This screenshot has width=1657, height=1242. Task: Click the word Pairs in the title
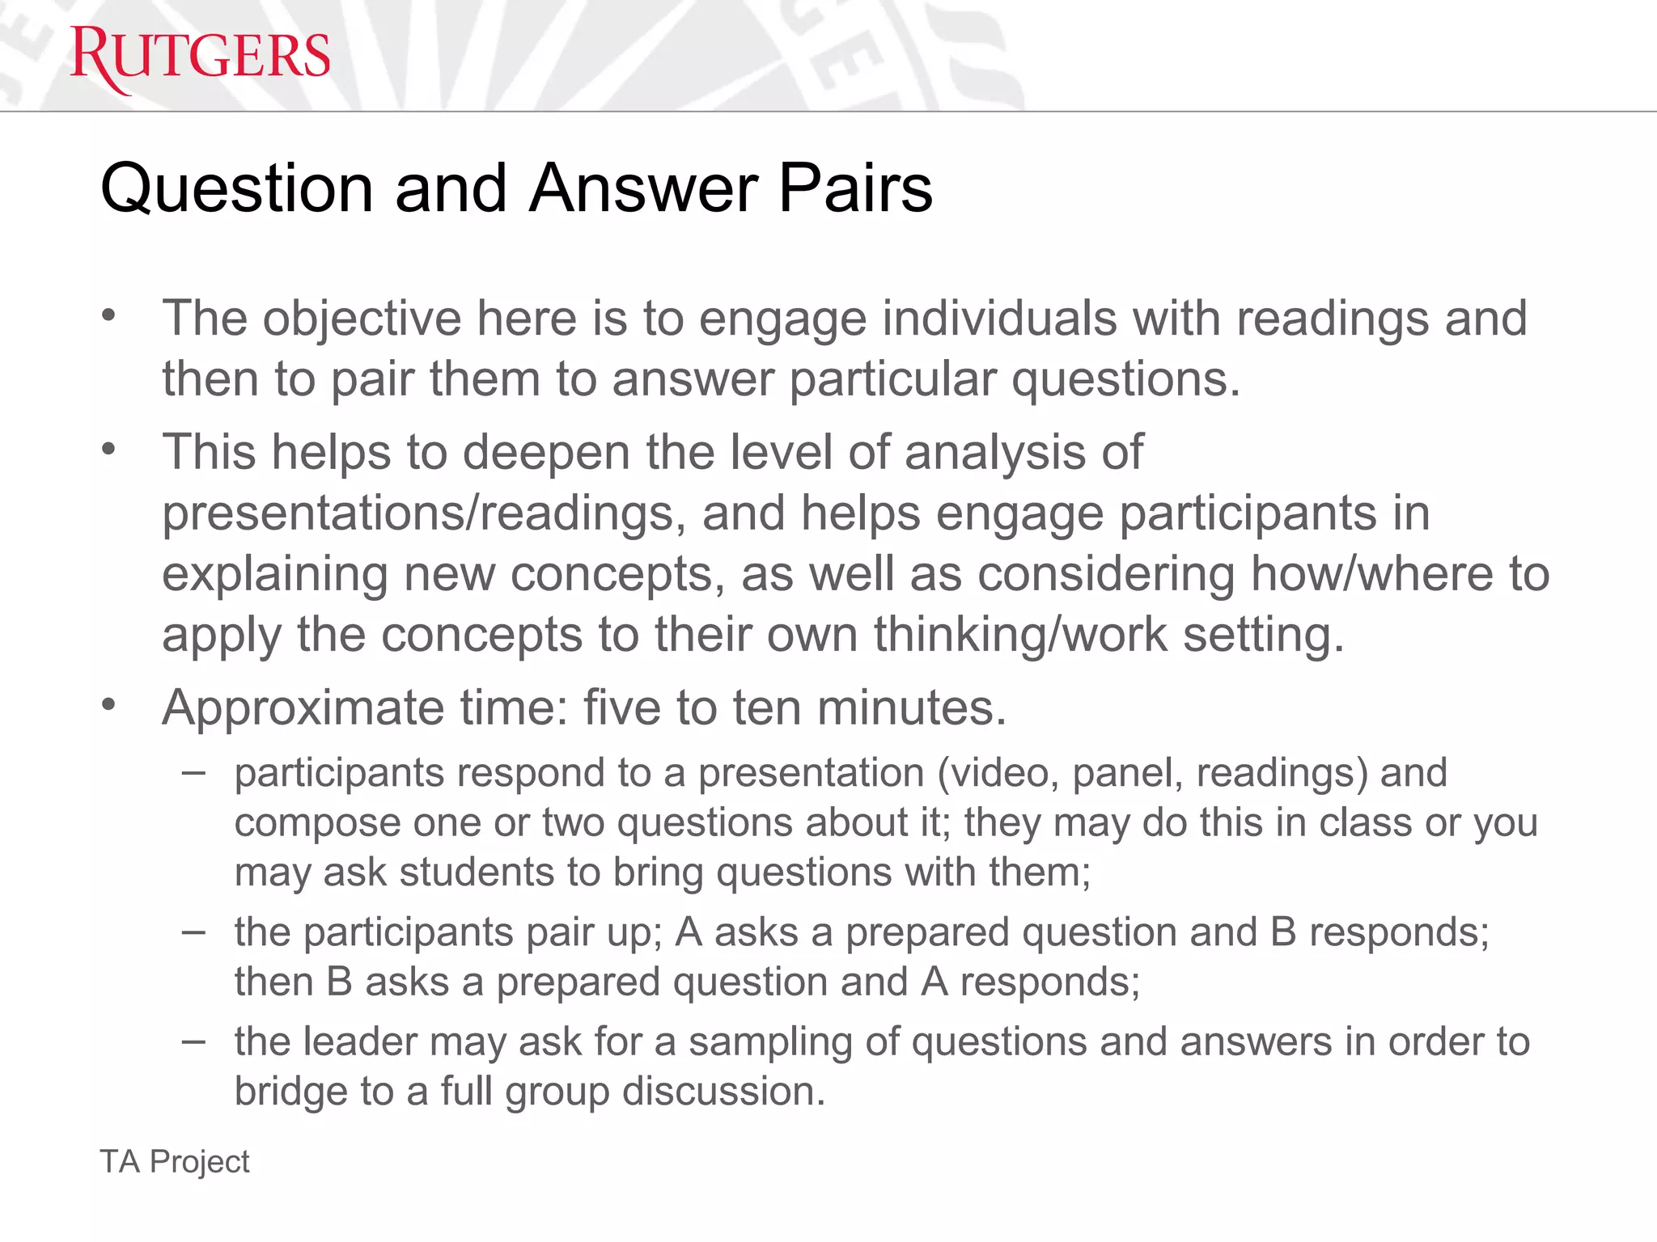[x=855, y=188]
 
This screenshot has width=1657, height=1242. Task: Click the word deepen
[x=546, y=452]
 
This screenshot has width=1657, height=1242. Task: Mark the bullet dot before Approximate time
[x=109, y=705]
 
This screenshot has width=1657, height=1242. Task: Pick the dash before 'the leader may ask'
[x=193, y=1041]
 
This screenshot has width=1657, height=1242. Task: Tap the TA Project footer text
[x=175, y=1162]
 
